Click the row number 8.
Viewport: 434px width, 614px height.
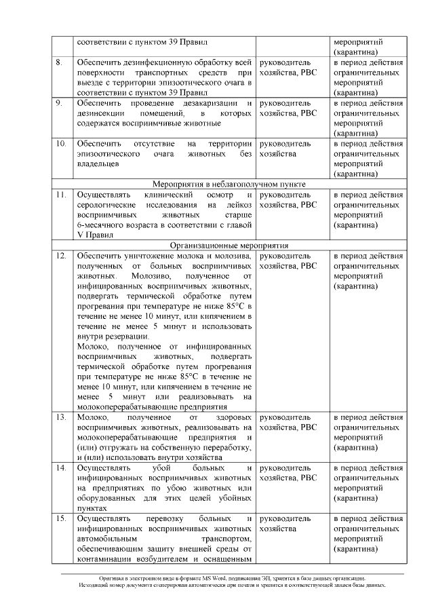pyautogui.click(x=60, y=63)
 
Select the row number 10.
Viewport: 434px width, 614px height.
pyautogui.click(x=61, y=144)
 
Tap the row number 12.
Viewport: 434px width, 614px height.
pyautogui.click(x=61, y=256)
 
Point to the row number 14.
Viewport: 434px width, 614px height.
pyautogui.click(x=61, y=468)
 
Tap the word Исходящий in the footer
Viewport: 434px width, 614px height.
pyautogui.click(x=93, y=585)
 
